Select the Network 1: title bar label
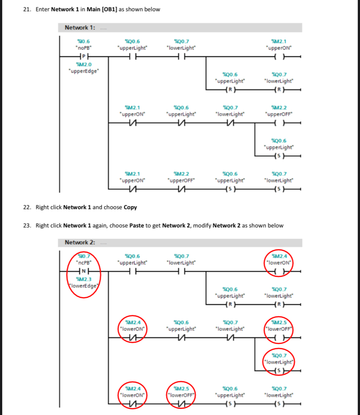click(x=80, y=28)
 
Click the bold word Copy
click(x=130, y=207)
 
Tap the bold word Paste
click(x=137, y=225)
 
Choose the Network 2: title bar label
click(x=80, y=242)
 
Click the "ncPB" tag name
click(x=83, y=262)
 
